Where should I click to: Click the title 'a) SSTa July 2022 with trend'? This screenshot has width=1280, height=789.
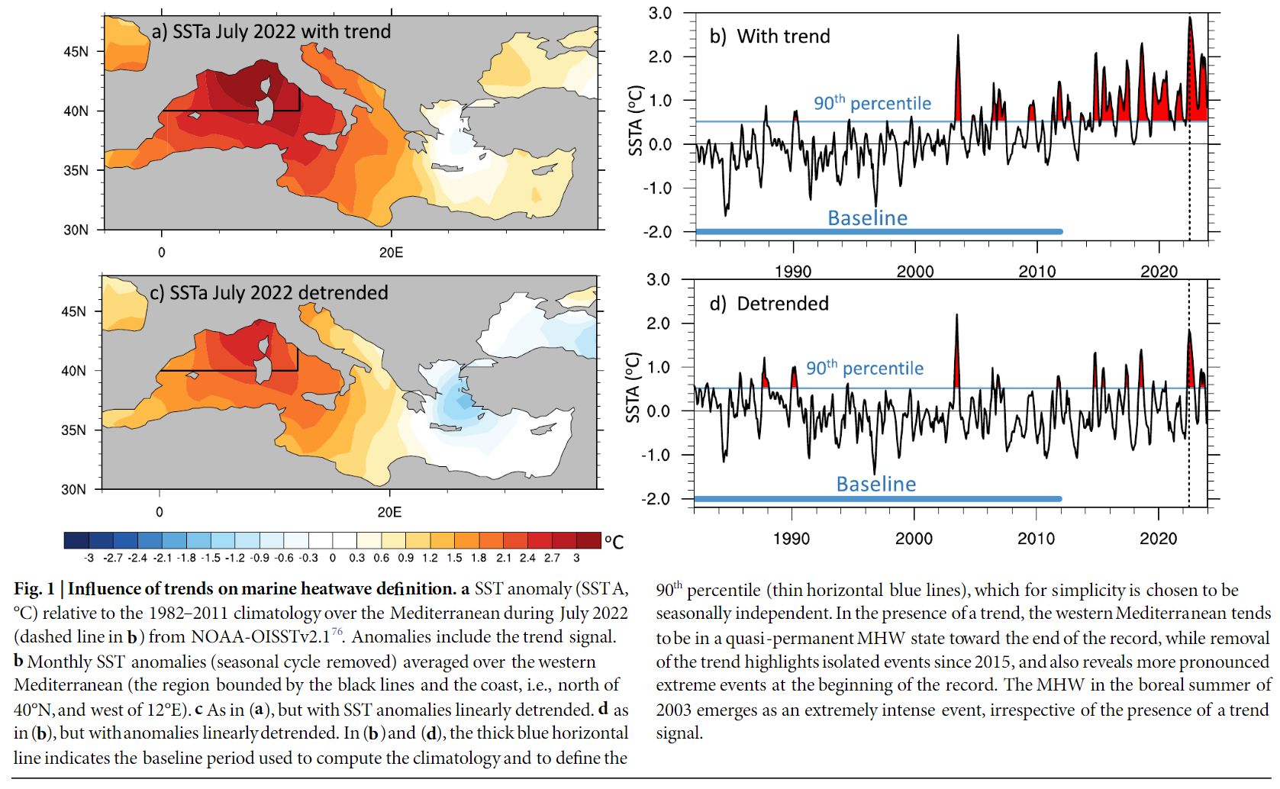[x=271, y=32]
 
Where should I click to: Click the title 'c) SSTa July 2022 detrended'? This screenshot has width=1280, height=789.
[x=269, y=293]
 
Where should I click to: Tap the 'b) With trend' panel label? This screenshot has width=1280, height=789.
[x=769, y=37]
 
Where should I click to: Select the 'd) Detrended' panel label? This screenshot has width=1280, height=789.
[x=769, y=304]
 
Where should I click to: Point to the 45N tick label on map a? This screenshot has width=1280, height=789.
[x=76, y=52]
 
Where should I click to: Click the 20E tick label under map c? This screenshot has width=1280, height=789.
[x=389, y=512]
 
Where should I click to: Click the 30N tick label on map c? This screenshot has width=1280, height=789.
[x=73, y=489]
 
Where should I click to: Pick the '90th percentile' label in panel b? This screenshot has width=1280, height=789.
[x=872, y=103]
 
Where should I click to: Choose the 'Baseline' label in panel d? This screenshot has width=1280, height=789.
[x=875, y=484]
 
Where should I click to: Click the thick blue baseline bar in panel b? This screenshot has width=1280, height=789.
[x=878, y=231]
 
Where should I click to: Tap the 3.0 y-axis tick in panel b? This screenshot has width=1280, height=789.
[x=659, y=14]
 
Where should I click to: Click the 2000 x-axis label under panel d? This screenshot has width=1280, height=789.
[x=914, y=539]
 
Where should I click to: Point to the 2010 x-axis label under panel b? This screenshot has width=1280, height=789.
[x=1037, y=272]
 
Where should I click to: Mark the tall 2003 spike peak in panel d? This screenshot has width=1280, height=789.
[x=956, y=315]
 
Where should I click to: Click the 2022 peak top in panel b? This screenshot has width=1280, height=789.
[x=1189, y=18]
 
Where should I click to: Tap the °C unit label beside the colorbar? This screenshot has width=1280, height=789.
[x=614, y=542]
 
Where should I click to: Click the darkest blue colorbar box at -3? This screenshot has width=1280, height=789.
[x=76, y=540]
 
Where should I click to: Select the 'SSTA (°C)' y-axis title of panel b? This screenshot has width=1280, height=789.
[x=635, y=121]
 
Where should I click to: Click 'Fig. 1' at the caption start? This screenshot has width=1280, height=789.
[x=34, y=589]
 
